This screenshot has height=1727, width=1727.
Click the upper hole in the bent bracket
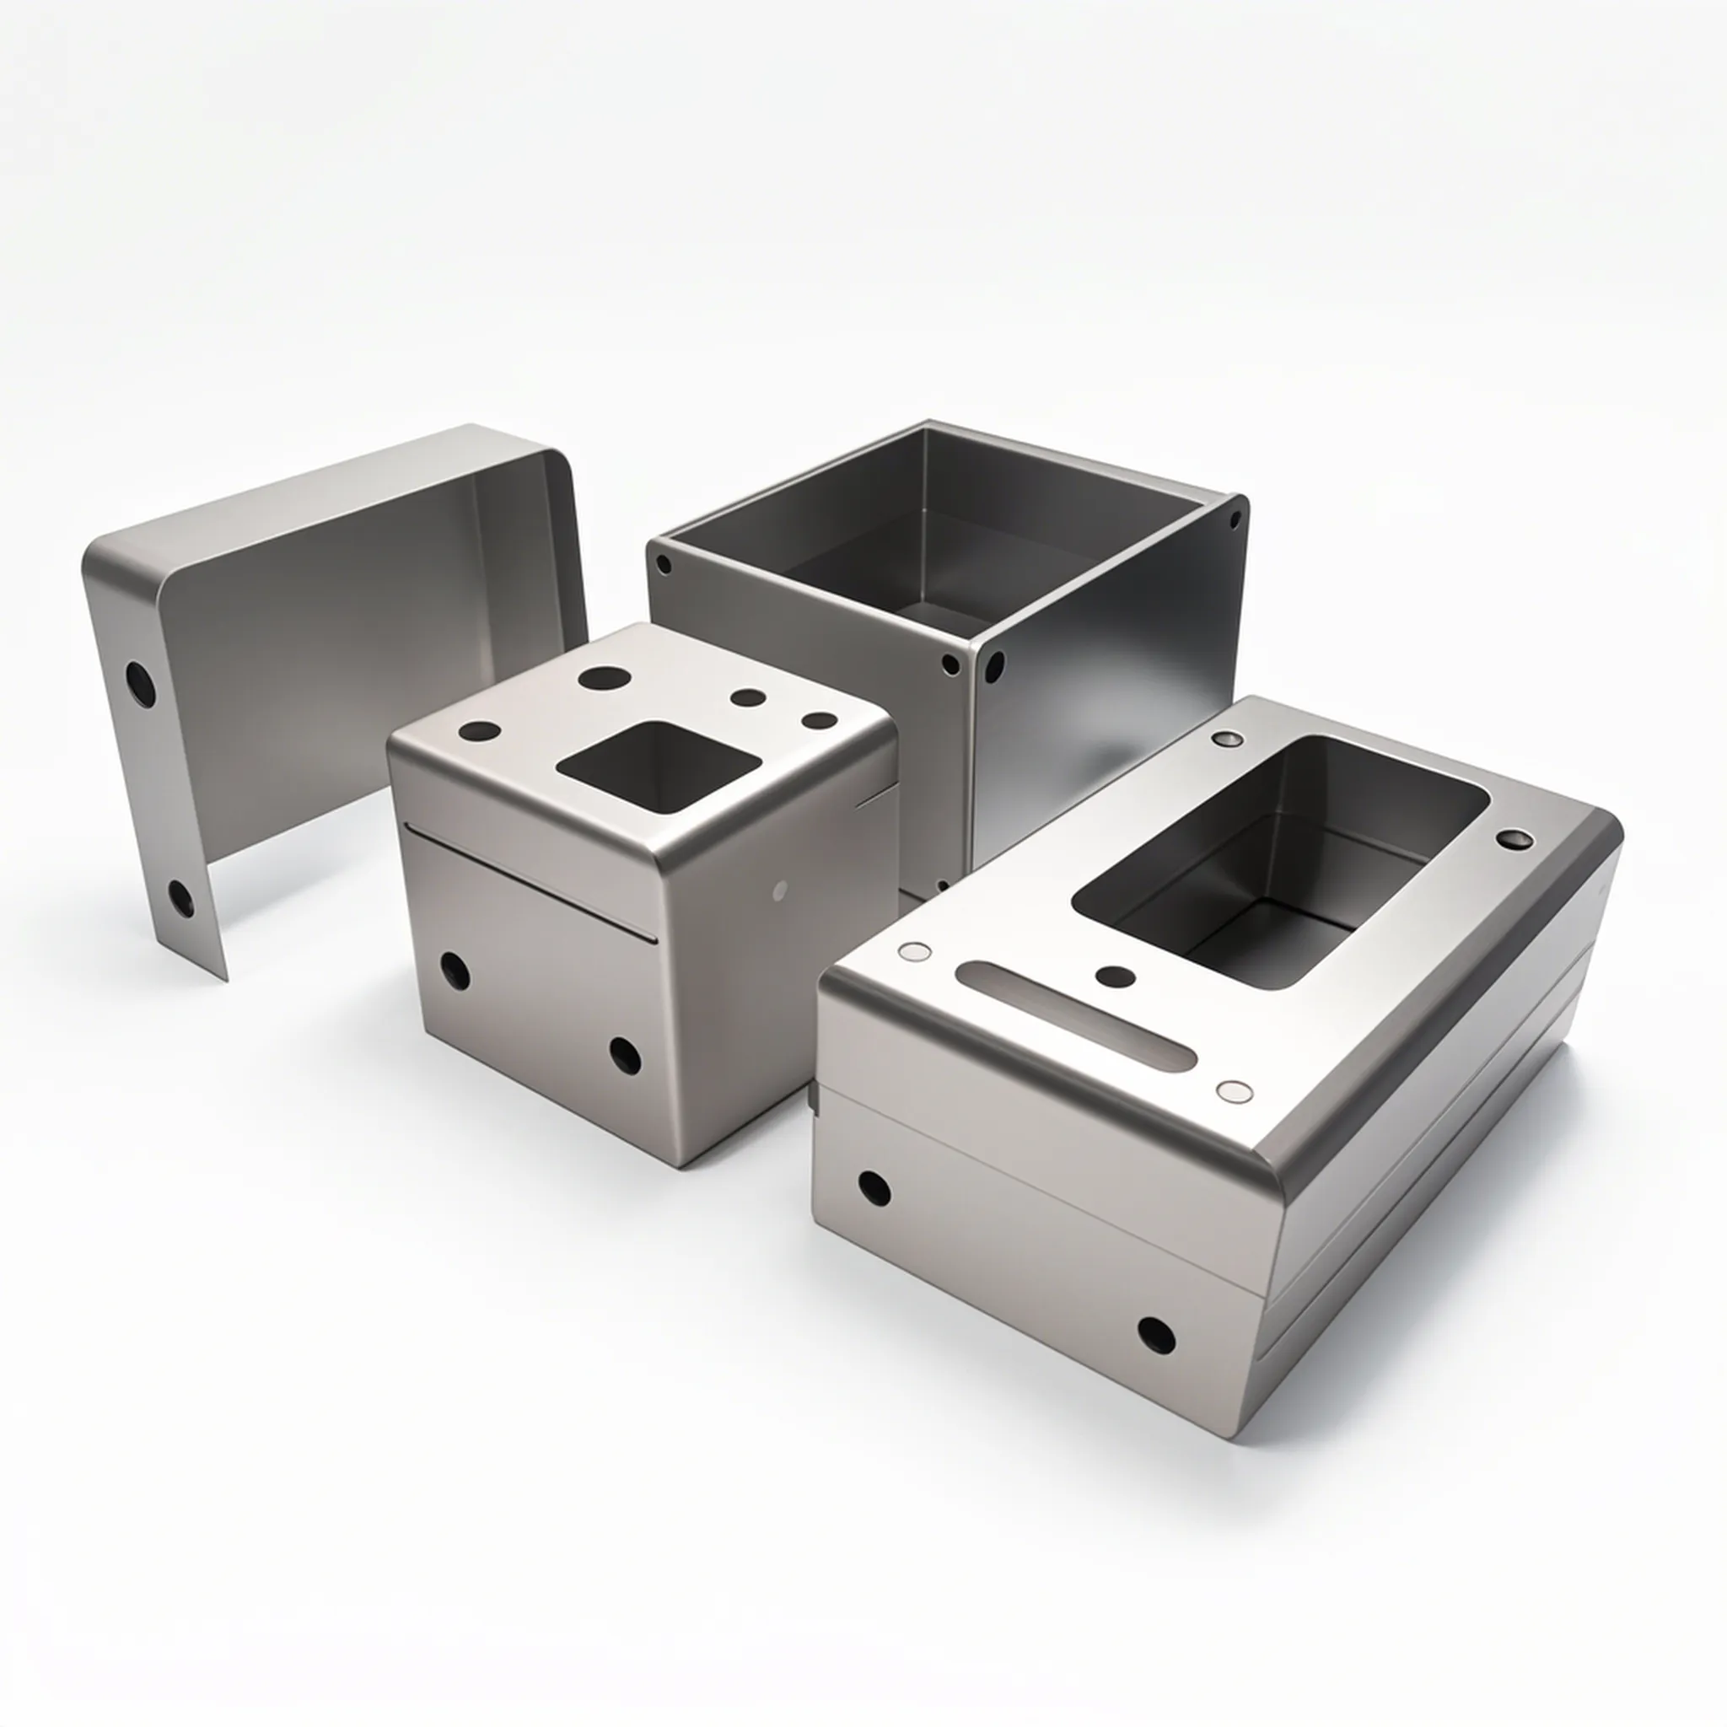tap(140, 683)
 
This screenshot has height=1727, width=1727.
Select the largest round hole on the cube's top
tap(601, 676)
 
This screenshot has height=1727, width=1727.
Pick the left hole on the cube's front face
tap(455, 971)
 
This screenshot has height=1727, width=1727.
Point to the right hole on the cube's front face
tap(625, 1056)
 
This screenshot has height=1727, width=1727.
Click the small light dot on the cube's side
tap(779, 890)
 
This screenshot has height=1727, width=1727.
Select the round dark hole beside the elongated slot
tap(1115, 977)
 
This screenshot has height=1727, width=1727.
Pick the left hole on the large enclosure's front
tap(874, 1187)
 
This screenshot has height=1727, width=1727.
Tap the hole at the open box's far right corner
tap(1236, 517)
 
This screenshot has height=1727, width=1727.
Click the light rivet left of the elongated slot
tap(913, 951)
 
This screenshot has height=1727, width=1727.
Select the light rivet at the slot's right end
tap(1235, 1090)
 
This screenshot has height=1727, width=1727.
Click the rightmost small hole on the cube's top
tap(819, 720)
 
